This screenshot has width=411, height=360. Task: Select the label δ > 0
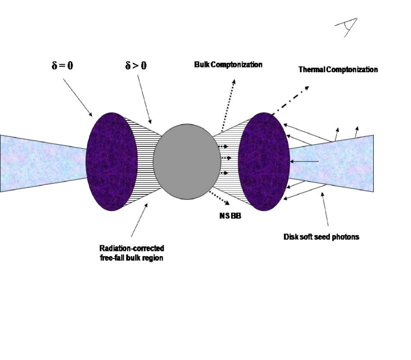point(132,66)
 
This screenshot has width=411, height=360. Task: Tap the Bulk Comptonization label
point(228,65)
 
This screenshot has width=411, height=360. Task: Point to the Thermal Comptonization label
point(338,70)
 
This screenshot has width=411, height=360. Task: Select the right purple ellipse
point(264,161)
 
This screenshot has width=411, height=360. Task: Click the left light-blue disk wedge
point(42,163)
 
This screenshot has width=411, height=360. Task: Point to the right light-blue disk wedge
point(335,163)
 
